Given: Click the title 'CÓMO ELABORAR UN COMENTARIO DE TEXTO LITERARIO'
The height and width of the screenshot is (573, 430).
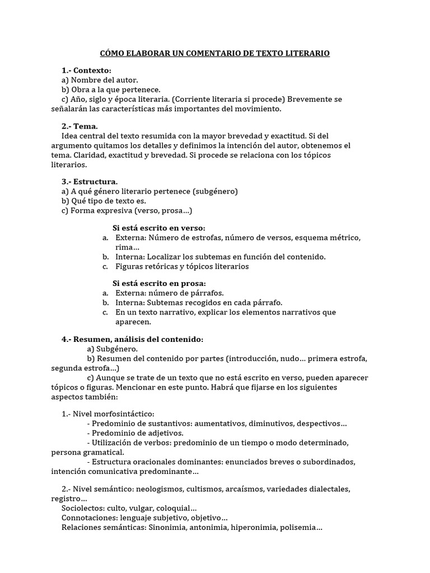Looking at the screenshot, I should pyautogui.click(x=214, y=53).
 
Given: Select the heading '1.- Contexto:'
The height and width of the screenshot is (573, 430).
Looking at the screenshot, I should pyautogui.click(x=86, y=71).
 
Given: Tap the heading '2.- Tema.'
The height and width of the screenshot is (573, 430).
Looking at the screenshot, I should pyautogui.click(x=80, y=126).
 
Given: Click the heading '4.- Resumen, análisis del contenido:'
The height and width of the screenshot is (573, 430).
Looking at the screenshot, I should pyautogui.click(x=132, y=340).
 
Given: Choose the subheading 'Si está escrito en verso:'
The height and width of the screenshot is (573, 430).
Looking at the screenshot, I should pyautogui.click(x=159, y=228).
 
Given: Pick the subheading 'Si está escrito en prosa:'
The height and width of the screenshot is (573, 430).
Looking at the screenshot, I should pyautogui.click(x=159, y=284).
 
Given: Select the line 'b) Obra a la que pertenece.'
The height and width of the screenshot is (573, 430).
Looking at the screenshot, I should pyautogui.click(x=111, y=90).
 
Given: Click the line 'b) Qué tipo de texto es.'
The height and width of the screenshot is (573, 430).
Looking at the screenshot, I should pyautogui.click(x=104, y=201).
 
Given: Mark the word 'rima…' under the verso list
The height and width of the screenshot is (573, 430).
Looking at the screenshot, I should pyautogui.click(x=127, y=247).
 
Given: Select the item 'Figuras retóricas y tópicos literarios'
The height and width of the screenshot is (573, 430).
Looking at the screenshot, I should pyautogui.click(x=182, y=266).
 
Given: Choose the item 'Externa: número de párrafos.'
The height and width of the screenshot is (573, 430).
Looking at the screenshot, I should pyautogui.click(x=169, y=293).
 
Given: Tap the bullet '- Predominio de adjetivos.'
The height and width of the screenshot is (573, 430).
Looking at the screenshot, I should pyautogui.click(x=135, y=433).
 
